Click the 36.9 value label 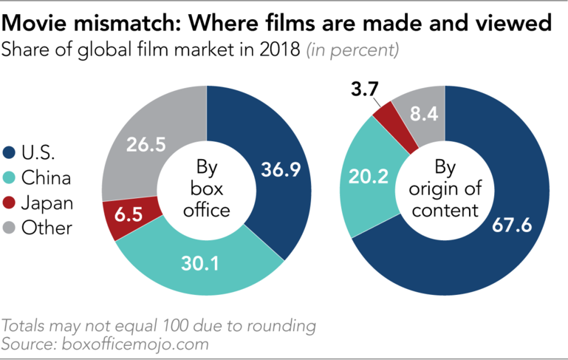coord(281,170)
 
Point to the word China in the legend coord(46,178)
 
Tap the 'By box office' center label coord(207,188)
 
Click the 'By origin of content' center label coord(445,188)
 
